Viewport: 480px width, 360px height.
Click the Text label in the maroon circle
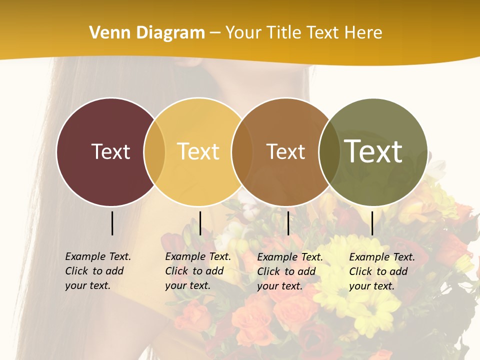[110, 151]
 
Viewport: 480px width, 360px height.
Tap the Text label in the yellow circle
[198, 151]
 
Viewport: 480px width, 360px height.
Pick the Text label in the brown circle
[285, 151]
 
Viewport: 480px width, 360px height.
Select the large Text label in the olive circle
[373, 151]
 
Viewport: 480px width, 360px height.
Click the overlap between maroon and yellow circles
[154, 151]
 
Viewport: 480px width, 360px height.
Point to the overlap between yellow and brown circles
[242, 151]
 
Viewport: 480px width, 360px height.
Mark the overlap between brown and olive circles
[329, 151]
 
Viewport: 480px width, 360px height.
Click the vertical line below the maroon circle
[112, 223]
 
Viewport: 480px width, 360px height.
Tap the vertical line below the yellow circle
[200, 223]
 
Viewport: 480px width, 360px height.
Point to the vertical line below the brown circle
[288, 223]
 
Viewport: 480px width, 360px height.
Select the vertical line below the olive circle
[372, 223]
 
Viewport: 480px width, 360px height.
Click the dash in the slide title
[215, 33]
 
